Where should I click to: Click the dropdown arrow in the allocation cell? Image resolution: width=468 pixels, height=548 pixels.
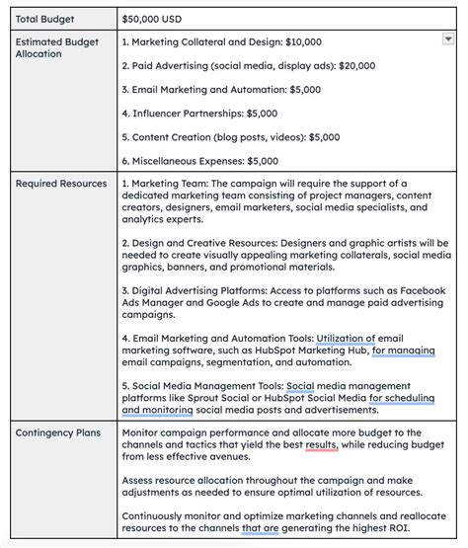click(x=448, y=39)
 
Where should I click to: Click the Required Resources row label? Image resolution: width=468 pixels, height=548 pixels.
click(x=60, y=184)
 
